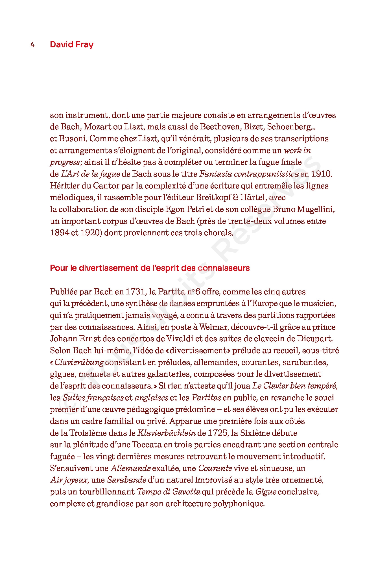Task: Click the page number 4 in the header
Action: pyautogui.click(x=32, y=45)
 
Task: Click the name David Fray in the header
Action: pyautogui.click(x=71, y=45)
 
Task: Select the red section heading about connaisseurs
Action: pyautogui.click(x=150, y=268)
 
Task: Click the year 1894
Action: pyautogui.click(x=59, y=233)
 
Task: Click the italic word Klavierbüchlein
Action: pyautogui.click(x=167, y=433)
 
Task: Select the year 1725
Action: pyautogui.click(x=217, y=433)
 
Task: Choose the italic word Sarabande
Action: pyautogui.click(x=127, y=480)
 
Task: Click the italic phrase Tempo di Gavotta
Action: pyautogui.click(x=169, y=492)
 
